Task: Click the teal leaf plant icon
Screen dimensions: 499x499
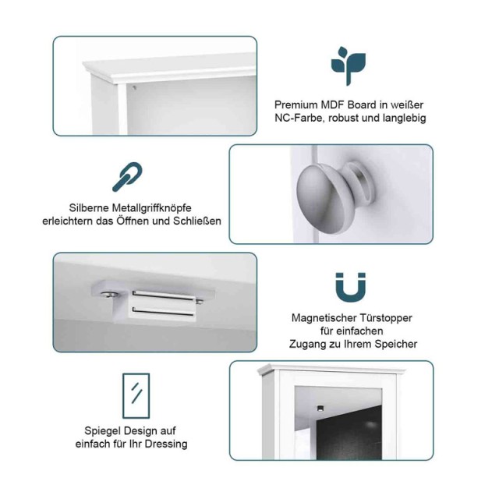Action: pos(349,65)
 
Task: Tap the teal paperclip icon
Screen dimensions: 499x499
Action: pos(127,177)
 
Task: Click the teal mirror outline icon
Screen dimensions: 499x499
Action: pos(136,396)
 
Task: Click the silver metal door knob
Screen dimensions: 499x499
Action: pos(334,196)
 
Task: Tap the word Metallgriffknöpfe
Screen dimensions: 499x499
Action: pos(151,208)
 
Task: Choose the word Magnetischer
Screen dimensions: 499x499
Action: pos(324,318)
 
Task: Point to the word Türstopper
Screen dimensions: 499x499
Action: pos(386,318)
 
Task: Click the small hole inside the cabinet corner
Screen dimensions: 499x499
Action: pos(134,87)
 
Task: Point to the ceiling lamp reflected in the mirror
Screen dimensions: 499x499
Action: pos(320,408)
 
